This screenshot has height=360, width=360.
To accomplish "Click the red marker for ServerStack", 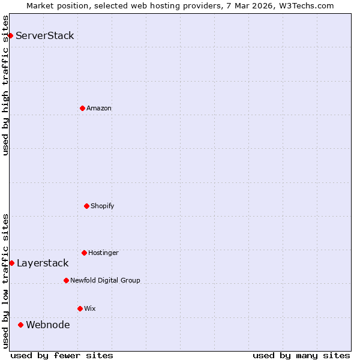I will (10, 35).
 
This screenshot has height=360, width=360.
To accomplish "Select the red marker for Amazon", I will (82, 108).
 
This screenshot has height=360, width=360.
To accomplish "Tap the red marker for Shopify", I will (86, 206).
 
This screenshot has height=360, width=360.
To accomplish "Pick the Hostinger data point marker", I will (84, 253).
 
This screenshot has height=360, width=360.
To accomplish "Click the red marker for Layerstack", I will (11, 263).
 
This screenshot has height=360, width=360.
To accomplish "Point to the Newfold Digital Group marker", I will (66, 280).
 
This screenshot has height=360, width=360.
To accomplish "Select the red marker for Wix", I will (80, 308).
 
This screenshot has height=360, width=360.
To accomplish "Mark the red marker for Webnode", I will (20, 325).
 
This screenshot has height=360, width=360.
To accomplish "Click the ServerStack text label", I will (45, 35).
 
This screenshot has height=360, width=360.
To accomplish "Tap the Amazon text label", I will (99, 108).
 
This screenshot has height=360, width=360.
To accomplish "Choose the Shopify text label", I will (103, 206).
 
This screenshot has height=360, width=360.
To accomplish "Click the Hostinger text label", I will (103, 253).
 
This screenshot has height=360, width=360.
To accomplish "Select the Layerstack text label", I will (43, 263).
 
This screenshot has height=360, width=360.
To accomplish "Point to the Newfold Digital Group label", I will (105, 280).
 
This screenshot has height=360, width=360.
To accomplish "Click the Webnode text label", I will (48, 325).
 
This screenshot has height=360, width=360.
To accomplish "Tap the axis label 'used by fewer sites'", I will (62, 355).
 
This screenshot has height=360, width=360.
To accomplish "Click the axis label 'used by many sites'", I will (301, 355).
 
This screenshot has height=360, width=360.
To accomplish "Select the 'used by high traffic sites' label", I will (5, 85).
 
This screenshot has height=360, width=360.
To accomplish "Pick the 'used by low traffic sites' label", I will (5, 280).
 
